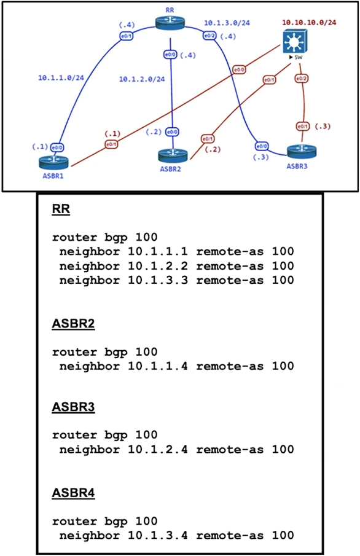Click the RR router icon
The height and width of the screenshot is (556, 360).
[x=170, y=23]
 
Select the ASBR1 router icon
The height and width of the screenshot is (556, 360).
[x=53, y=163]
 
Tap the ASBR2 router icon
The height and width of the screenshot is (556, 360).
[x=173, y=155]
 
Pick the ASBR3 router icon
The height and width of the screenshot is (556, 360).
[x=302, y=151]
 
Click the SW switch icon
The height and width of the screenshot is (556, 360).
[x=295, y=42]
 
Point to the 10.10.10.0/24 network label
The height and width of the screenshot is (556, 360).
[x=309, y=22]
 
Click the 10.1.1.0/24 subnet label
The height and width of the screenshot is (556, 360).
[x=61, y=77]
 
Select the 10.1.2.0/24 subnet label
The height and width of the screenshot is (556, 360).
[x=142, y=79]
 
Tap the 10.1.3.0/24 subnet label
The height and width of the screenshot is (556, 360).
[x=227, y=23]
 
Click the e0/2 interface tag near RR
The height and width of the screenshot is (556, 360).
[x=209, y=36]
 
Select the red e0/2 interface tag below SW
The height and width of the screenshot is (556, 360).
[x=301, y=79]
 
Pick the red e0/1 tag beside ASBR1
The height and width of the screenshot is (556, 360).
[x=111, y=144]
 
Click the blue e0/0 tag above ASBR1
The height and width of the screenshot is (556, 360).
[x=57, y=147]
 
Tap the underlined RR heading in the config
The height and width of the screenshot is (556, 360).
[x=61, y=209]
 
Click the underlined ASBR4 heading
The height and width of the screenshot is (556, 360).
[x=74, y=493]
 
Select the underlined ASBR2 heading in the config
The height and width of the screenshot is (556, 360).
[x=74, y=323]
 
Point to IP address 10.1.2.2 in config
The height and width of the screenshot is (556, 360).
[x=157, y=266]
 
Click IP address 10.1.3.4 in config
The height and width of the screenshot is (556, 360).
[x=157, y=535]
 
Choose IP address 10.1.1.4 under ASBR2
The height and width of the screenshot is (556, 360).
[x=157, y=366]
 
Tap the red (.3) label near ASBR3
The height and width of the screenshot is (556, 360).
[x=323, y=126]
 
